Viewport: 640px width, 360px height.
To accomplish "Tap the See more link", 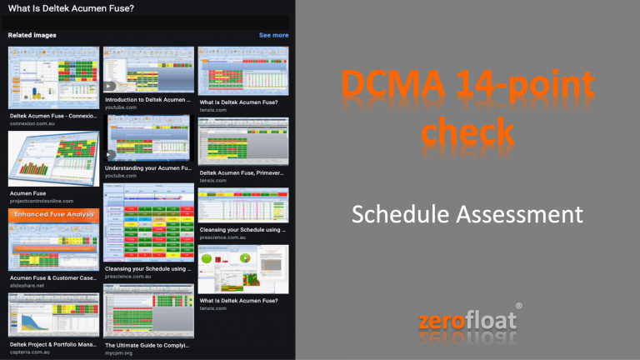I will point(273,35).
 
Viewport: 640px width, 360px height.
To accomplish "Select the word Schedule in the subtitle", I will point(402,215).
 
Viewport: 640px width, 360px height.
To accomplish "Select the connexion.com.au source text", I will point(37,124).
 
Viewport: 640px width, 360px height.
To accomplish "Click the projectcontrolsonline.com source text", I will point(42,201).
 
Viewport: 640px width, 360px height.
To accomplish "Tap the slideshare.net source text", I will point(29,285).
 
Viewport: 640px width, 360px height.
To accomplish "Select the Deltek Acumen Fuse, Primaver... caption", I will point(242,172).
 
